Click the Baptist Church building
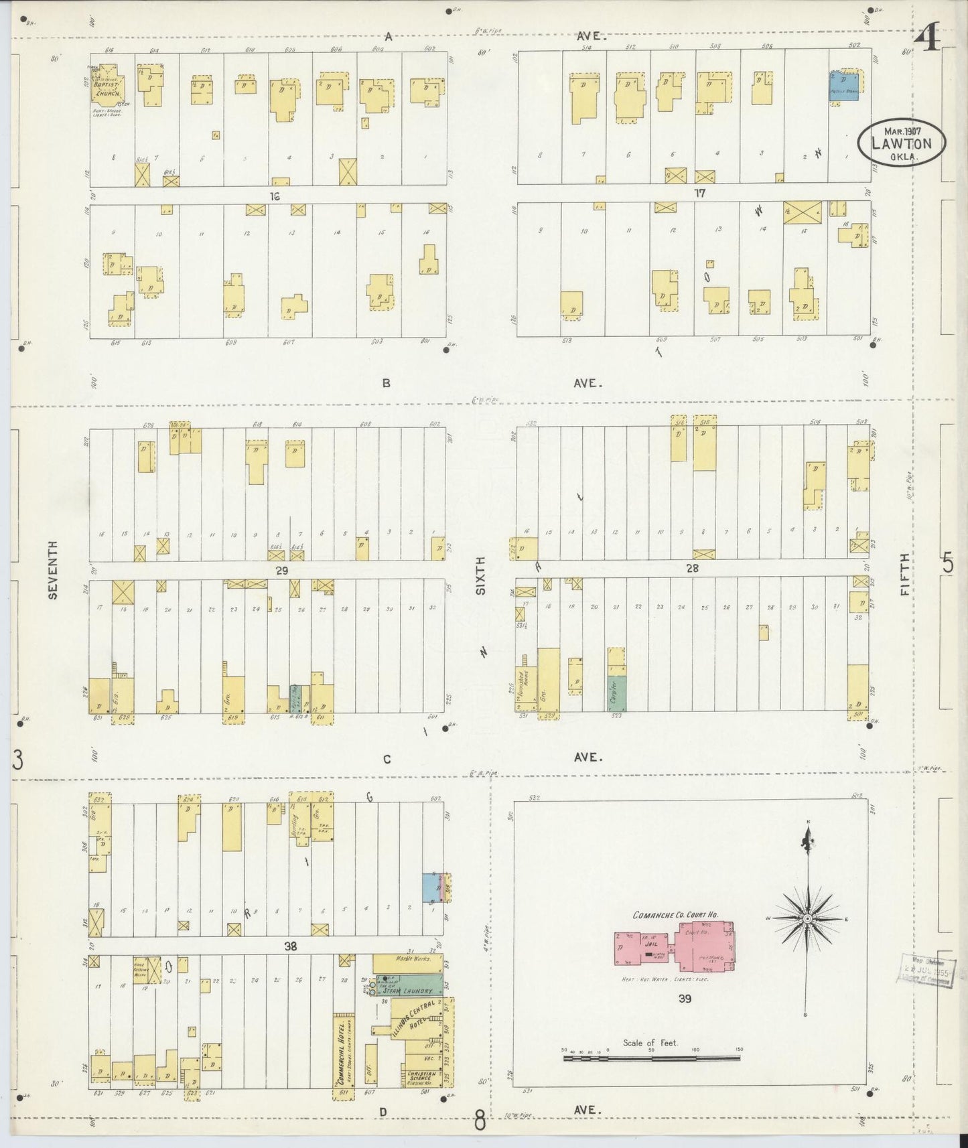tap(107, 85)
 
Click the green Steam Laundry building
tap(409, 985)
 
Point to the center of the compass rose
tap(807, 918)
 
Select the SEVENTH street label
tap(54, 569)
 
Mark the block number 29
tap(281, 569)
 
